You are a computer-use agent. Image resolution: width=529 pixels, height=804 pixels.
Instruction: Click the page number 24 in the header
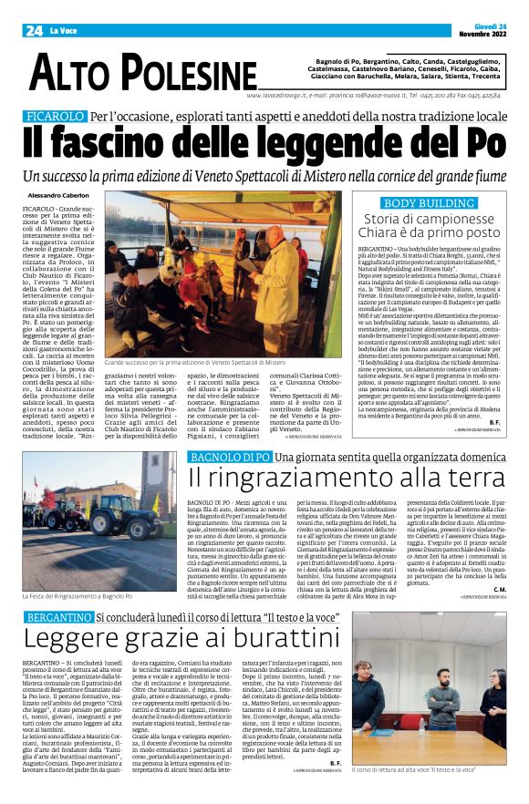pyautogui.click(x=34, y=30)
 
